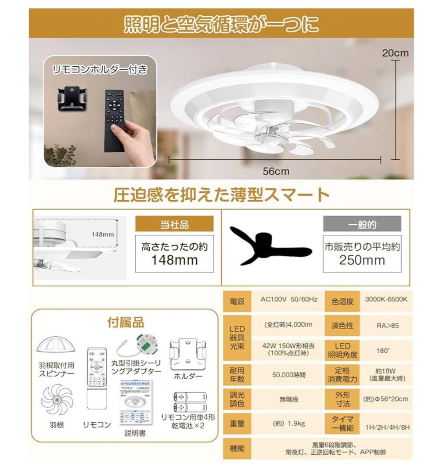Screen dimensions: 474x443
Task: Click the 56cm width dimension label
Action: [x=276, y=171]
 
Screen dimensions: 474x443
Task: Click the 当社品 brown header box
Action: [x=174, y=225]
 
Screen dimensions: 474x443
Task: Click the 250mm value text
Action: [x=362, y=260]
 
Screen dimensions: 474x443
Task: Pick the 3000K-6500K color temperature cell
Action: [x=386, y=300]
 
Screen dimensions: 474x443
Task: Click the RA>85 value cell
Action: [x=386, y=326]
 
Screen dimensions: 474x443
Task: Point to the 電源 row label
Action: [x=237, y=302]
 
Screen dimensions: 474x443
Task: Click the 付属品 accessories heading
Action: [x=126, y=323]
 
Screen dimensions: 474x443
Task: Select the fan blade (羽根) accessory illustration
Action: [x=56, y=399]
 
